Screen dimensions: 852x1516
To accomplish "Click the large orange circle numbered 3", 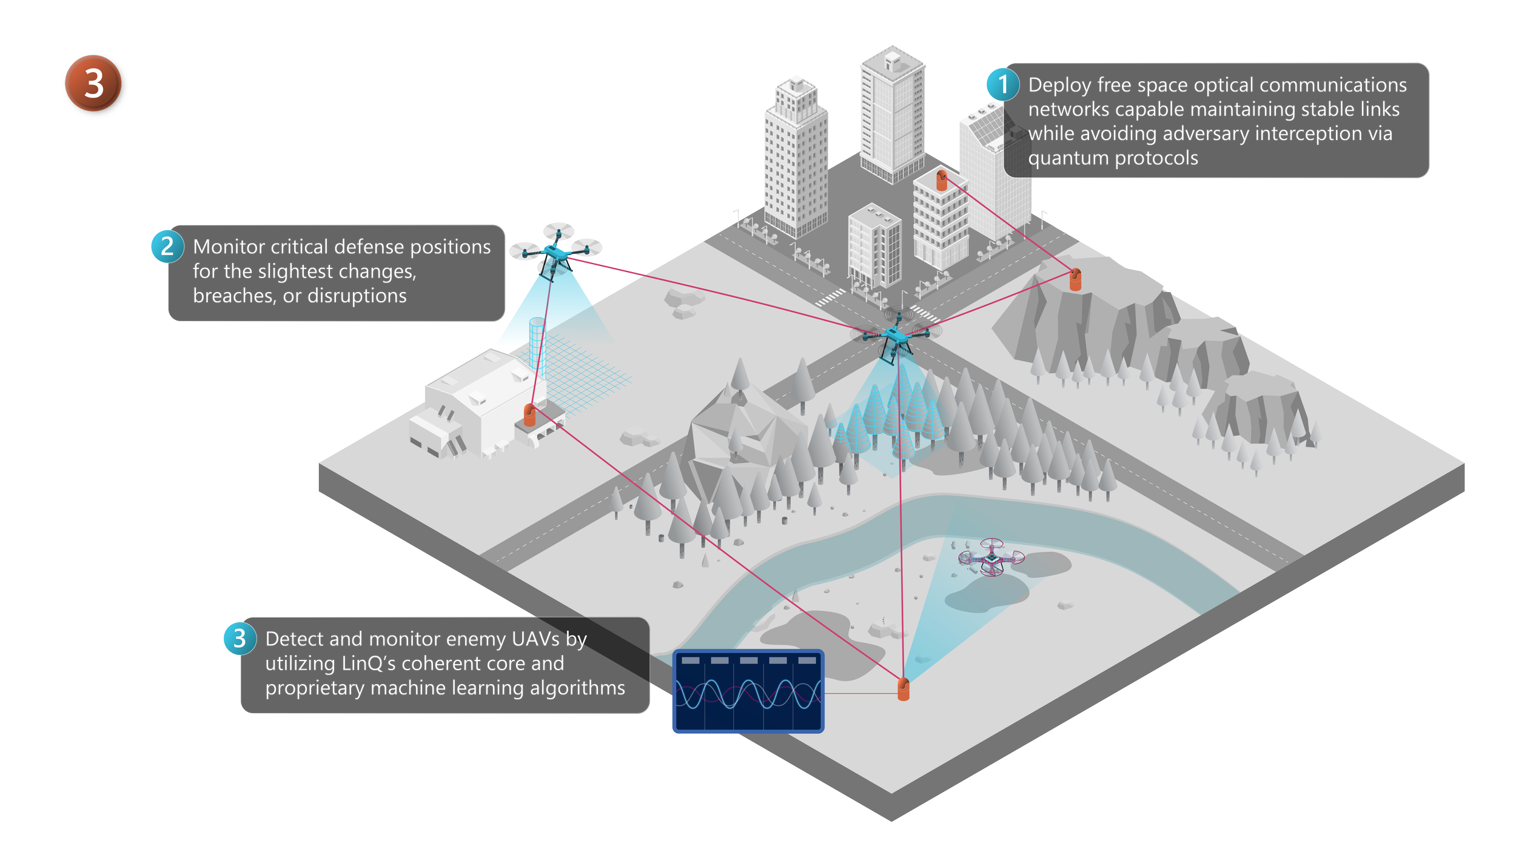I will pos(95,85).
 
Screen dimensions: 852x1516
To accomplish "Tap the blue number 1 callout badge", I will pos(1003,84).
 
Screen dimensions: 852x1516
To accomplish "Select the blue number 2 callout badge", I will pos(167,246).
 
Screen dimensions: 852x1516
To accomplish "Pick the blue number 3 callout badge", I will pos(240,638).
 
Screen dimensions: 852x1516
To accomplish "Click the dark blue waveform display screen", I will pos(748,691).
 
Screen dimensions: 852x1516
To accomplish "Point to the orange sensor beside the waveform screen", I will pos(903,690).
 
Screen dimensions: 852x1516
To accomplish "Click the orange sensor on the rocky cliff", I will pos(1075,279).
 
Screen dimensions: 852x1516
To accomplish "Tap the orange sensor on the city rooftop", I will pos(941,180).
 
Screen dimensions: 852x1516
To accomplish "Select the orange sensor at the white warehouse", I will pos(529,416).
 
